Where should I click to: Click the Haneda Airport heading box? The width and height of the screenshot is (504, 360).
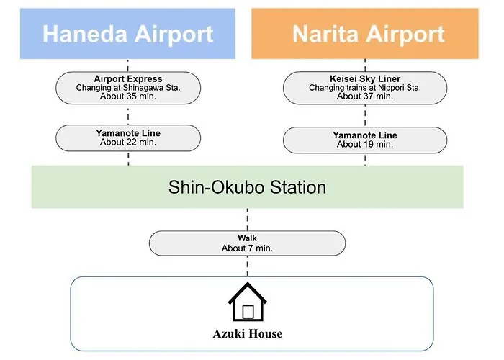click(127, 34)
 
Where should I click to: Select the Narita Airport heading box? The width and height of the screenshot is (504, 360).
click(365, 34)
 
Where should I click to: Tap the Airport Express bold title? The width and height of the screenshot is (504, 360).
click(128, 78)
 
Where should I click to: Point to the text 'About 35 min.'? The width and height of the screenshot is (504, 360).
click(128, 96)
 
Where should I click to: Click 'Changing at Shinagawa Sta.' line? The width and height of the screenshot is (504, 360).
click(128, 87)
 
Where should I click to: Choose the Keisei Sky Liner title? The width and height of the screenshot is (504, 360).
click(365, 78)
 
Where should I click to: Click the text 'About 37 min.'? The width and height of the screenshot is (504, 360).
click(365, 96)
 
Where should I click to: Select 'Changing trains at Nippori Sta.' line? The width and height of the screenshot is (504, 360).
click(365, 87)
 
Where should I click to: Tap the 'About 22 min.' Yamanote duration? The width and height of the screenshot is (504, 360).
click(128, 142)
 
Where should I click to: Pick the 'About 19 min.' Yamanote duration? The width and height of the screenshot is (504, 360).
click(365, 144)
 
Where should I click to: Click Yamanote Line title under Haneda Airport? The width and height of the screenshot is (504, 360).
click(128, 133)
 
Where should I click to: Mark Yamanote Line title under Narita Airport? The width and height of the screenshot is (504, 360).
click(365, 135)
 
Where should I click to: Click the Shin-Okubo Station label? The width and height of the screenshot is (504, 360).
click(247, 187)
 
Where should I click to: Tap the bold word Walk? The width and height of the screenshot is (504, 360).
click(247, 238)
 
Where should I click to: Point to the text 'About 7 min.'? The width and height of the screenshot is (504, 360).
click(247, 248)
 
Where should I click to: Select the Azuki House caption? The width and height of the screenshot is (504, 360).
click(248, 334)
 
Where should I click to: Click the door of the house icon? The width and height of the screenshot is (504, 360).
click(248, 312)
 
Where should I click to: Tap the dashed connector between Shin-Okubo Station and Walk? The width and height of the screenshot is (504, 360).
click(248, 220)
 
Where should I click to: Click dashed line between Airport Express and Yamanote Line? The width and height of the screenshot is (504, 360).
click(128, 114)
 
